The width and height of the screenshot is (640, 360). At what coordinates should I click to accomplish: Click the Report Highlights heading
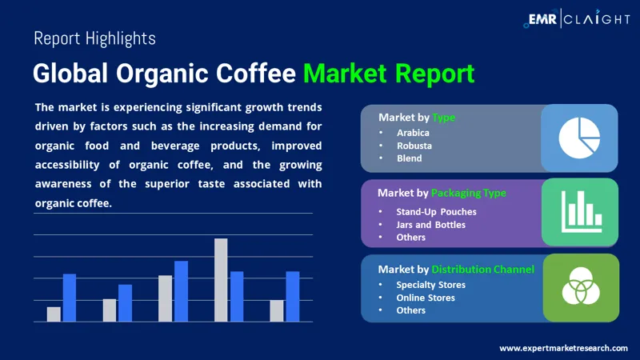click(x=94, y=38)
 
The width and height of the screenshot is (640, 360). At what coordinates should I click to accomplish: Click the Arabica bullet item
click(x=413, y=133)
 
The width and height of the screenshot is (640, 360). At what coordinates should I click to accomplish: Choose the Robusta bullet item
click(x=414, y=146)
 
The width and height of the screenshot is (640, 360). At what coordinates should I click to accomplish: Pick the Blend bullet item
click(x=409, y=158)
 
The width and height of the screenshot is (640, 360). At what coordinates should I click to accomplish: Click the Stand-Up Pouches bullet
click(x=436, y=212)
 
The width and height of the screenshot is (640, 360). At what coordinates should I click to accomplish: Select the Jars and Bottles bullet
click(x=430, y=225)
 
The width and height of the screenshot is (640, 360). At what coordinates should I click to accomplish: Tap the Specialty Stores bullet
click(x=430, y=285)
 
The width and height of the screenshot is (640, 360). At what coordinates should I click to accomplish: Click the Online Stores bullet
click(x=426, y=298)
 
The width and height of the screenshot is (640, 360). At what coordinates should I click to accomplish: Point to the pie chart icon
click(x=579, y=138)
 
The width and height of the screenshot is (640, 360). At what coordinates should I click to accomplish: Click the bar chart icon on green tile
click(x=580, y=211)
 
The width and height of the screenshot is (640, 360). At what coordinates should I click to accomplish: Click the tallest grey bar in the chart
click(x=221, y=280)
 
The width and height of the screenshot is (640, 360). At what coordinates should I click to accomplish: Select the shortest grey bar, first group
click(x=54, y=314)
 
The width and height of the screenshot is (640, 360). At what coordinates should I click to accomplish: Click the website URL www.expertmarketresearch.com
click(x=563, y=348)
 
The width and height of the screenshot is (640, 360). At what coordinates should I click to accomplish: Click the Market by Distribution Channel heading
click(x=456, y=270)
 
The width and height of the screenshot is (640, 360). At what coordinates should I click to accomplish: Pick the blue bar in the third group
click(x=181, y=291)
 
